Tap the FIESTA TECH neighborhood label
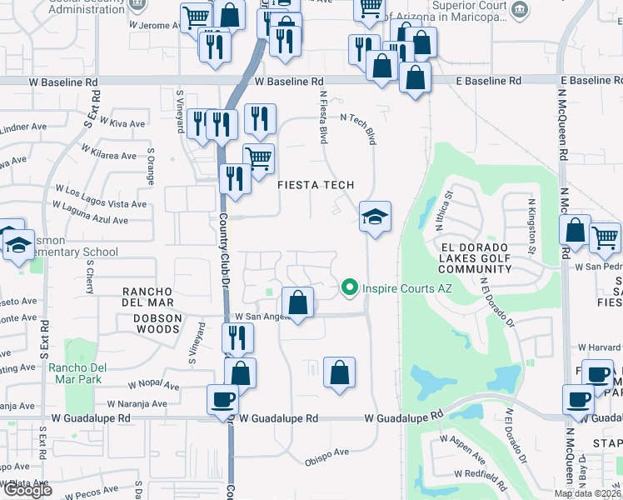coord(316,185)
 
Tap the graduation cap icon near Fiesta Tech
coord(376,218)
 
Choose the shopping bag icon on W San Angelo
coord(297,302)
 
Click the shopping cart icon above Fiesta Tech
coord(258,156)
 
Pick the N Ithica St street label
coord(443,213)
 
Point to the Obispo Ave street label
coord(326,453)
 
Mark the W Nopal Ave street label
coord(154,386)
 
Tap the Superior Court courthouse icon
coord(521,10)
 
